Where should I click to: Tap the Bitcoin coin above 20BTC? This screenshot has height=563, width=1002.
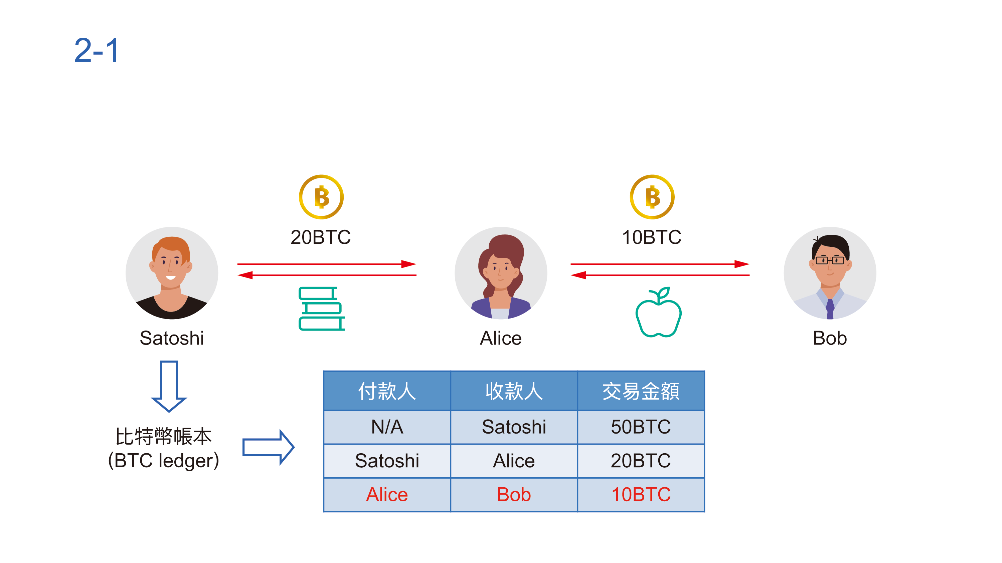(x=321, y=197)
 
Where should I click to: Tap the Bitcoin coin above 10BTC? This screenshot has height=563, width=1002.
(x=652, y=197)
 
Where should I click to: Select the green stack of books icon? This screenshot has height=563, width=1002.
(x=321, y=309)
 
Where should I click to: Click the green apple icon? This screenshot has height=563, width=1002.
(x=658, y=313)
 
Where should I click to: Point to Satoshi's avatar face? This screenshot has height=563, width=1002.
(x=170, y=264)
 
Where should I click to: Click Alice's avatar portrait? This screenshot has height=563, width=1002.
(x=501, y=273)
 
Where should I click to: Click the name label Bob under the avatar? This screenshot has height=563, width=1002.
(x=830, y=338)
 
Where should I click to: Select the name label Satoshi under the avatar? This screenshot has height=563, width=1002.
(x=172, y=338)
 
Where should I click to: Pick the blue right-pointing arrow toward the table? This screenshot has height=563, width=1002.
(x=268, y=447)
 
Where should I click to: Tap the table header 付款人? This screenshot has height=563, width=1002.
(x=387, y=391)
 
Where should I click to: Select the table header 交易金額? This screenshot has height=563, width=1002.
(x=641, y=391)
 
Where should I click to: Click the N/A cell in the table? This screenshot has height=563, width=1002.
(x=387, y=427)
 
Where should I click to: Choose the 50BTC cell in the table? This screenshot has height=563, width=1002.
(x=641, y=427)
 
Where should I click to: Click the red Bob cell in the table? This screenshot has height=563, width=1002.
(x=514, y=495)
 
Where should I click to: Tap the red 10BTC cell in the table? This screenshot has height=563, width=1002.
(x=641, y=495)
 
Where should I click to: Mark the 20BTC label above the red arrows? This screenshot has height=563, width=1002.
(x=321, y=237)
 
